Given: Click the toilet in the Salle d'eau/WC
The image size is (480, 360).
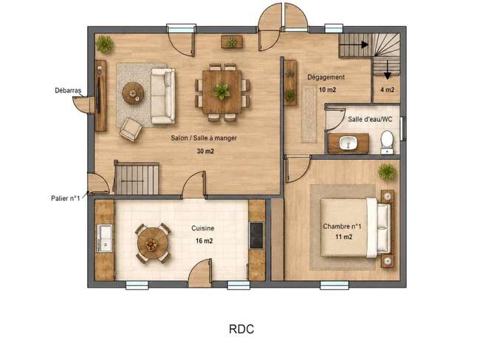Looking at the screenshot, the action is tap(387, 142).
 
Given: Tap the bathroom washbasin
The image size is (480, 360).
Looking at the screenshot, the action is tap(348, 143).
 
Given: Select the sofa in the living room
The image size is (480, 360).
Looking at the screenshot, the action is tap(163, 96).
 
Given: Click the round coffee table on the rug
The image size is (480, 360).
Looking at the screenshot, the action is tap(133, 93).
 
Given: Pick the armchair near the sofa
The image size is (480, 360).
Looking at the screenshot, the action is tap(131, 129).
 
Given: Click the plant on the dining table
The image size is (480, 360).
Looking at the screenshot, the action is tap(222, 92).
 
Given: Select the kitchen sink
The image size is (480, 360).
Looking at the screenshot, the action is tap(104, 238).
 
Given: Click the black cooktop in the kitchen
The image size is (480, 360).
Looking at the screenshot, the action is tap(256, 235).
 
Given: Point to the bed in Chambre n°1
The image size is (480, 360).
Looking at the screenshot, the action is tap(355, 228).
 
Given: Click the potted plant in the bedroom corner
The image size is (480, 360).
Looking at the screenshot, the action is tap(387, 171).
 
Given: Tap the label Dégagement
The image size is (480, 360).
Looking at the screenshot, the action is tap(326, 77).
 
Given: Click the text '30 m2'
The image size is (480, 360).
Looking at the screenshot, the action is tap(205, 151).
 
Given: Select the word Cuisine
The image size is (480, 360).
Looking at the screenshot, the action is tap(202, 228).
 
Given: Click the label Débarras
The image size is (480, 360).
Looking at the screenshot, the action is tap(68, 90).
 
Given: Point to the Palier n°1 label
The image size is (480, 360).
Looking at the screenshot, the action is tap(65, 198).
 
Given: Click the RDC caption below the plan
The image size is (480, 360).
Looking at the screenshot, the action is tap(241, 329).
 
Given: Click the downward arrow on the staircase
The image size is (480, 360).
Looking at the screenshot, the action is tap(388, 69).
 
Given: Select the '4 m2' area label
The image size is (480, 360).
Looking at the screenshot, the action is tap(387, 89).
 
